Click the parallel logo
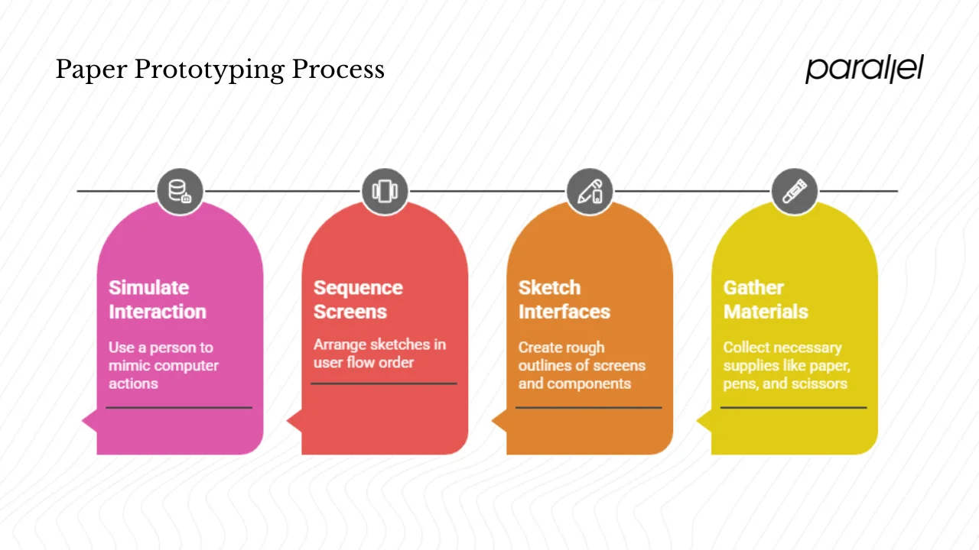coord(864,69)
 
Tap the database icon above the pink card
coord(180,191)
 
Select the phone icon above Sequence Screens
coord(385,191)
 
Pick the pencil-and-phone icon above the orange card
coord(590,191)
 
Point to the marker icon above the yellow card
coord(795,191)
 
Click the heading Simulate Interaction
coord(157,299)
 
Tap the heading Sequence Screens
coord(358,299)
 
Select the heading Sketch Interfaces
coord(564,299)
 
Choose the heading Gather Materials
coord(765,299)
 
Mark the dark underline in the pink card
coord(179,408)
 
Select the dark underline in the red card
coord(384,383)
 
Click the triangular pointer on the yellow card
coord(704,420)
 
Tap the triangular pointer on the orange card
coord(499,420)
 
